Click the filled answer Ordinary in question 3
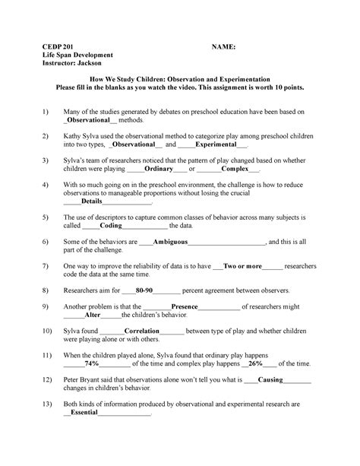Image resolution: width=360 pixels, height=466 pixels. click(x=154, y=171)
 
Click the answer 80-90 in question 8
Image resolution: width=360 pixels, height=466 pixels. click(x=145, y=290)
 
